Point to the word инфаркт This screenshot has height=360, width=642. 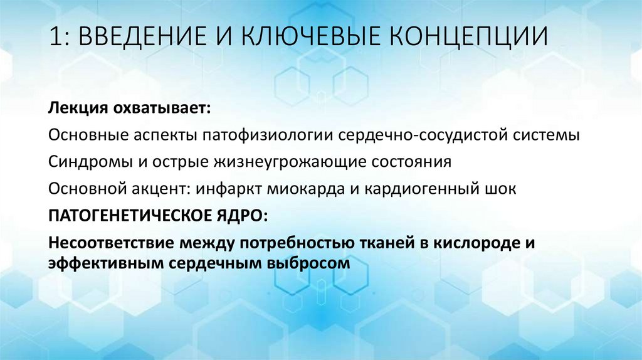coord(223,189)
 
